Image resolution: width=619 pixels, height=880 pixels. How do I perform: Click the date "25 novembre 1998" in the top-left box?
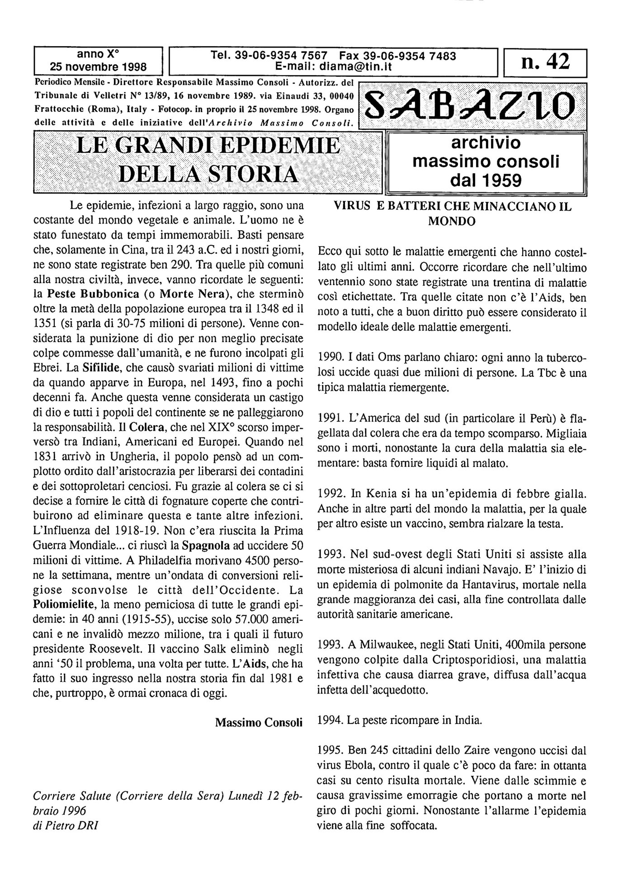click(98, 67)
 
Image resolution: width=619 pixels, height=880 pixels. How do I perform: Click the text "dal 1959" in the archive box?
click(486, 181)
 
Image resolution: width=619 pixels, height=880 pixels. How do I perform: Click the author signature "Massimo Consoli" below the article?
click(259, 722)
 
